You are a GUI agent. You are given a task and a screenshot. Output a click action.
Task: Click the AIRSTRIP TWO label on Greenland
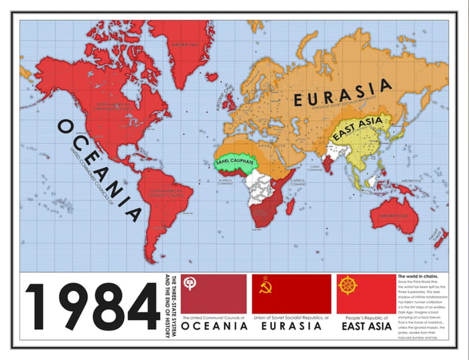coord(186,45)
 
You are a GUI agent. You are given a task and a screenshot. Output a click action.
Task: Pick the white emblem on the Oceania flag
coord(190,284)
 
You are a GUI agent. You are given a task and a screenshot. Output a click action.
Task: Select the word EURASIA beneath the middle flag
coord(291,326)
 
